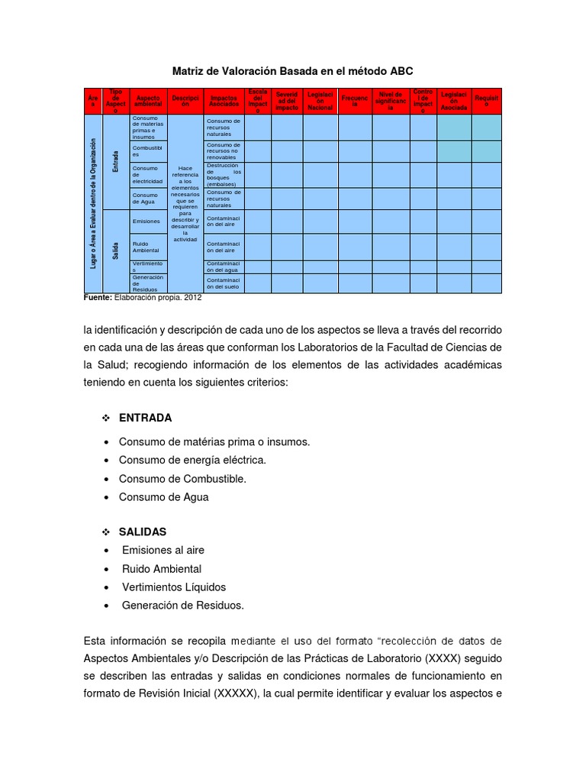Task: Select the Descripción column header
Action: coord(185,102)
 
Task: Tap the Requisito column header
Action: coord(486,102)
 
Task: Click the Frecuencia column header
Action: coord(355,102)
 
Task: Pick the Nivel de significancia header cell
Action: coord(391,102)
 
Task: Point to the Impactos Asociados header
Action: coord(224,102)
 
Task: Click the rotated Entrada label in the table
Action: coord(115,161)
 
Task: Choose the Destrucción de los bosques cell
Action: coord(224,175)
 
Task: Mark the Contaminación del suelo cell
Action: coord(224,283)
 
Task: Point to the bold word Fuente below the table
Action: coord(98,298)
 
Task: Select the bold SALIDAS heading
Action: coord(143,532)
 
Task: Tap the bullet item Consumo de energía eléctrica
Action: coord(192,460)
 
